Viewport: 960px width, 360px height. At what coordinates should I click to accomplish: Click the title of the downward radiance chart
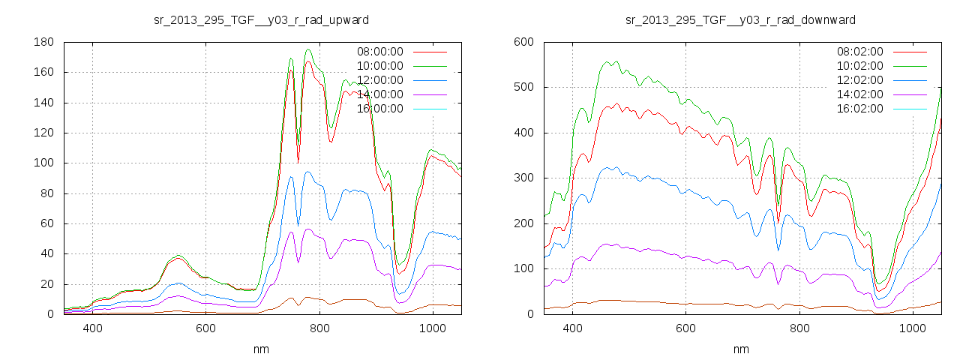click(x=740, y=19)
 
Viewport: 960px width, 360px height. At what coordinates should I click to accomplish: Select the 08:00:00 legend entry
click(x=379, y=52)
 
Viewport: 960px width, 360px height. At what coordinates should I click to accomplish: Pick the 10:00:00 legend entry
click(x=379, y=66)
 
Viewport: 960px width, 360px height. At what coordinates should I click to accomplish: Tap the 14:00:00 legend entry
click(x=379, y=94)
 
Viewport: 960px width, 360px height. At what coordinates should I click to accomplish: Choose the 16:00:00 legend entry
click(x=379, y=109)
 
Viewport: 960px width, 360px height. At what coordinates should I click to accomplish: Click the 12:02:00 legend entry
click(x=859, y=80)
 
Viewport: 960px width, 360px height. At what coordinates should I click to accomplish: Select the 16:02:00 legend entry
click(x=859, y=109)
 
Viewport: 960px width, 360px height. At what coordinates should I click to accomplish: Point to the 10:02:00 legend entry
click(x=859, y=66)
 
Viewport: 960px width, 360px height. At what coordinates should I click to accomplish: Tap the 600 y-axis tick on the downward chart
click(x=523, y=43)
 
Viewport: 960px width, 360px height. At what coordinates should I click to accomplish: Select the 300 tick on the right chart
click(x=523, y=178)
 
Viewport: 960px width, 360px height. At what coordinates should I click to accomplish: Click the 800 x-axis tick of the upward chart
click(x=319, y=328)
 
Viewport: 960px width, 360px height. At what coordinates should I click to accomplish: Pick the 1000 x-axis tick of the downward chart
click(x=912, y=328)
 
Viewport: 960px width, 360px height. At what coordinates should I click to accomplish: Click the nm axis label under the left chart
click(x=261, y=349)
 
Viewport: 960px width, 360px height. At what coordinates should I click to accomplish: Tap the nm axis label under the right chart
click(x=741, y=349)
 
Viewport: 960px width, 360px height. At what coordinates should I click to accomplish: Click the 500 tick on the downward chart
click(x=523, y=88)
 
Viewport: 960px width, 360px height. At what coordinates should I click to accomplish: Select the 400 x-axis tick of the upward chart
click(x=92, y=328)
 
